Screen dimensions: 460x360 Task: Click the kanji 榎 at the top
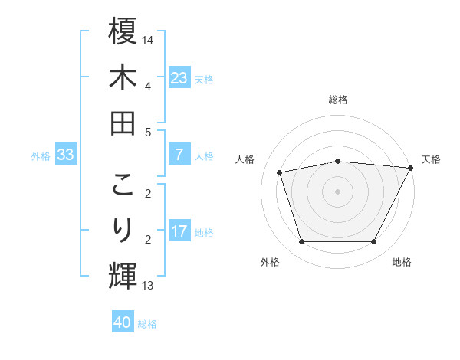(x=123, y=31)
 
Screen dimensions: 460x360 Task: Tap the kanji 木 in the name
(x=123, y=77)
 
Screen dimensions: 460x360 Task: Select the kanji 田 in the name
(x=123, y=123)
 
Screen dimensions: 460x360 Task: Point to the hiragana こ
(x=123, y=185)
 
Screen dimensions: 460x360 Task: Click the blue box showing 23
(x=179, y=77)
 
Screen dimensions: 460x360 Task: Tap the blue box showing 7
(x=179, y=155)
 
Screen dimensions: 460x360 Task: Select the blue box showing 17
(x=179, y=231)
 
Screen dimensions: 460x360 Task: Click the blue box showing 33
(x=65, y=155)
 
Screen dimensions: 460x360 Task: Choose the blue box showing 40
(x=123, y=322)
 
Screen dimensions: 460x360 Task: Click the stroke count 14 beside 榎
(x=149, y=41)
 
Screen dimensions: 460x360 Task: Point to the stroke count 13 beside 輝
(x=148, y=286)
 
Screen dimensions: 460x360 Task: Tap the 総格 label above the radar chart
(x=337, y=100)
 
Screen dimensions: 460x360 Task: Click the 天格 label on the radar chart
(x=431, y=159)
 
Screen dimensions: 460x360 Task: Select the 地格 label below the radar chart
(x=402, y=262)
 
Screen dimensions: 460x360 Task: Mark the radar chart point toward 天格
(x=411, y=168)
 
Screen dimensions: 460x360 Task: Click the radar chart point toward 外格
(x=301, y=242)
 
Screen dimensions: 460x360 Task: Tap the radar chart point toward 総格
(x=337, y=161)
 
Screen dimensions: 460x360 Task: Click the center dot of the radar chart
(x=337, y=191)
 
